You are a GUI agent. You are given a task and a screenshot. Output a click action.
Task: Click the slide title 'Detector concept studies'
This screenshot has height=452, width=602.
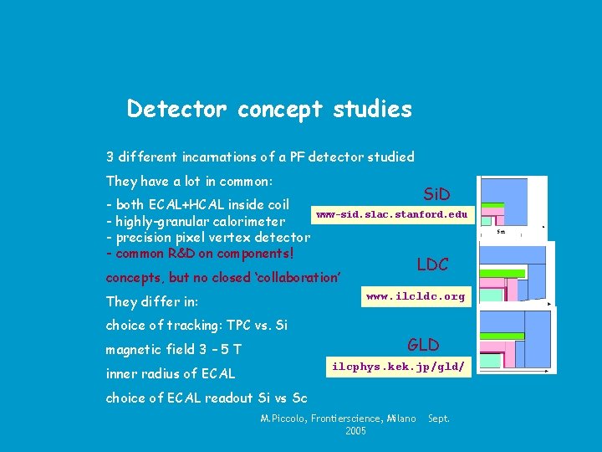269,110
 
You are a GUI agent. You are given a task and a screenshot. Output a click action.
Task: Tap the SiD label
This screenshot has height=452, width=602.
436,195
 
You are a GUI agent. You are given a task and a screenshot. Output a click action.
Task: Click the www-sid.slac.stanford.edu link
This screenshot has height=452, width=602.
391,215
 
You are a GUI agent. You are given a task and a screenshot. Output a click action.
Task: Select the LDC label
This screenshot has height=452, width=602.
433,265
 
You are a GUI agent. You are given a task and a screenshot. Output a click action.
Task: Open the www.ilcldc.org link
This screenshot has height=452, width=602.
416,296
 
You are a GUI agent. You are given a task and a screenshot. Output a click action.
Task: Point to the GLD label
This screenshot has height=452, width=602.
423,345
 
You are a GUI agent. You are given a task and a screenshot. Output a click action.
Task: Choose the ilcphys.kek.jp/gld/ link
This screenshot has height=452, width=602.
398,367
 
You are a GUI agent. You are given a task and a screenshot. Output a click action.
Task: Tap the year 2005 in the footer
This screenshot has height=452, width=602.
356,431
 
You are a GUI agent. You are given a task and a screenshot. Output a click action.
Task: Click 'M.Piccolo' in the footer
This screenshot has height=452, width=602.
283,418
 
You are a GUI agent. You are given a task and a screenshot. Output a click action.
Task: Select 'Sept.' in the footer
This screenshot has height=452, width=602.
439,418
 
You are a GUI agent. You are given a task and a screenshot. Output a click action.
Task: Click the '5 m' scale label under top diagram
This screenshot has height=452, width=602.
501,232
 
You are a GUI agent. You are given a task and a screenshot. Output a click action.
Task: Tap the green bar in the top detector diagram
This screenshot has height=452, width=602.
492,205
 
